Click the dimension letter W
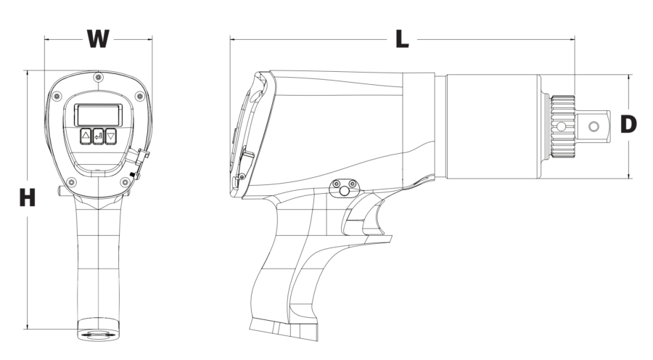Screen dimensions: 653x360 coord(98,38)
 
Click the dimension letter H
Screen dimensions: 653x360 coord(28,198)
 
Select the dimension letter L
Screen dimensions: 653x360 coord(402,39)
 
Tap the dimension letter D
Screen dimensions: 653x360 coord(628,124)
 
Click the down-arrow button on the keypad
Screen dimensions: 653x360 coord(111,136)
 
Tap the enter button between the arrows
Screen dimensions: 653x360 coord(98,136)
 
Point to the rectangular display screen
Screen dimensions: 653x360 coord(98,115)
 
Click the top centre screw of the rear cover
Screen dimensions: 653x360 coord(98,77)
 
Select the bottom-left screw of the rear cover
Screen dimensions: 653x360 coord(72,182)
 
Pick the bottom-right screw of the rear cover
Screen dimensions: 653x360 coord(125,182)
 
